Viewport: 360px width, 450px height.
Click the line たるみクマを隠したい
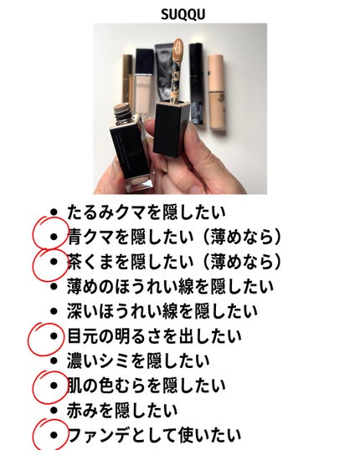click(147, 212)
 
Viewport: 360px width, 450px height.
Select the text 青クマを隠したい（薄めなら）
click(175, 237)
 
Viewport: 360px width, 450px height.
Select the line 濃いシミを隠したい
click(138, 361)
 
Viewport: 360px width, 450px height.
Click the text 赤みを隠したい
click(122, 410)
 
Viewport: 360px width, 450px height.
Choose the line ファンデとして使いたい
click(154, 435)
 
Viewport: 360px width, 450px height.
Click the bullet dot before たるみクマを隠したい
click(54, 213)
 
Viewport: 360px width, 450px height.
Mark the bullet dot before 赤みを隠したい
click(54, 411)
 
